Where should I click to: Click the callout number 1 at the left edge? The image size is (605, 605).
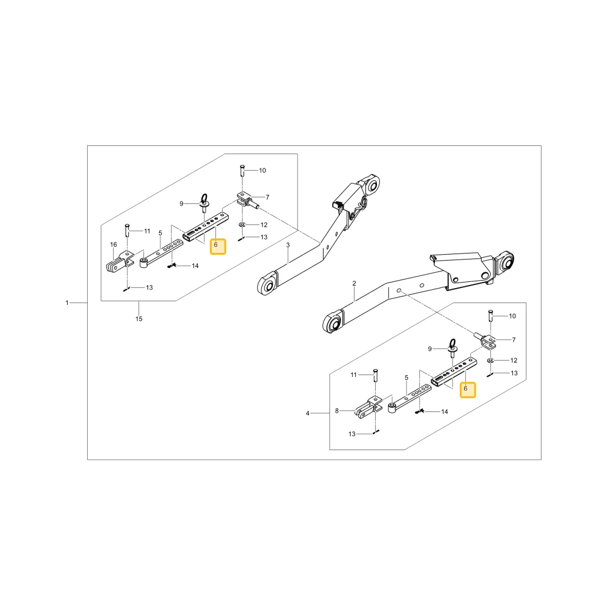[67, 303]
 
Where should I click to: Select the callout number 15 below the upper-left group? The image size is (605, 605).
[139, 319]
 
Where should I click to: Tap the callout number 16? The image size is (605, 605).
[114, 244]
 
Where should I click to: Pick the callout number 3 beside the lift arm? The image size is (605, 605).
[288, 245]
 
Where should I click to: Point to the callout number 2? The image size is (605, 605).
[354, 284]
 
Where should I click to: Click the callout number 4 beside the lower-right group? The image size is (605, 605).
[307, 413]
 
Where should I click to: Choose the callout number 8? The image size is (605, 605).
[337, 411]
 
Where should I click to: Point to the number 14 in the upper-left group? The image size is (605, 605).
[195, 266]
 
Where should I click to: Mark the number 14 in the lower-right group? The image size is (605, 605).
[445, 411]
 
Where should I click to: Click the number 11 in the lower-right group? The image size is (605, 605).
[353, 374]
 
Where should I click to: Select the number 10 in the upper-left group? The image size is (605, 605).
[263, 171]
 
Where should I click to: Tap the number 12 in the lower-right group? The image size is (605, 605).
[514, 361]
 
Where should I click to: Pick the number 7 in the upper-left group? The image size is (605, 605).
[267, 197]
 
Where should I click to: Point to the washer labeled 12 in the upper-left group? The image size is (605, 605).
[242, 224]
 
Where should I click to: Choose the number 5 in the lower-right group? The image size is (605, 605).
[407, 378]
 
